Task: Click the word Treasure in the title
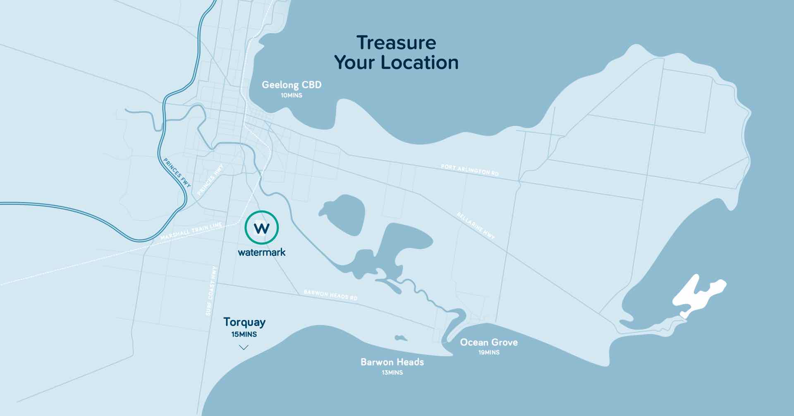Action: pos(396,43)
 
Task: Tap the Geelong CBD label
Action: pos(292,85)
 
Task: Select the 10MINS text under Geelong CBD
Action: pos(292,95)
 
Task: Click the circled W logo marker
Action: pos(262,227)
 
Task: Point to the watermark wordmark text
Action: pos(262,252)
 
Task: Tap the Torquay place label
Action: pos(244,322)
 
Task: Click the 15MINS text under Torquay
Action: pos(244,334)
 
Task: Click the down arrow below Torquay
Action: pos(244,347)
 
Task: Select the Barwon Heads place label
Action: pos(392,362)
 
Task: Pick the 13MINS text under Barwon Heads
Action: pos(392,373)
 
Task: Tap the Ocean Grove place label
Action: pos(489,342)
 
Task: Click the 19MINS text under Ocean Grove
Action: pos(489,352)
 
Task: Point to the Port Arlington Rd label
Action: pos(470,170)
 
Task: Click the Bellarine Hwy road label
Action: pos(476,226)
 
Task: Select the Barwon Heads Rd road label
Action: pos(330,295)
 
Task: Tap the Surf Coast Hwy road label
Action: pos(212,291)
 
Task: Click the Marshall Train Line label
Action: pos(191,231)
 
